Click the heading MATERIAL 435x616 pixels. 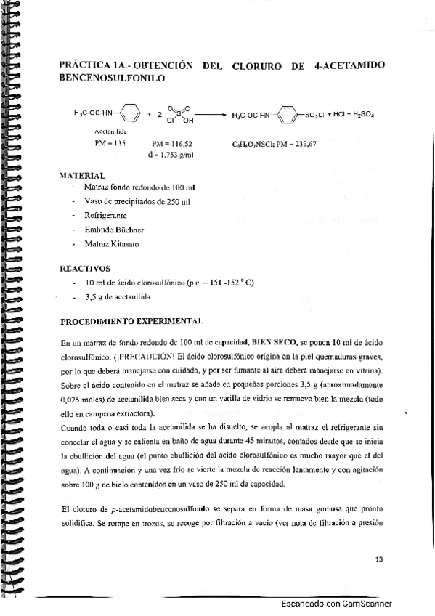(82, 175)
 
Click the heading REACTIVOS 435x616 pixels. (84, 268)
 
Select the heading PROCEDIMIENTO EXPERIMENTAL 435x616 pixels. (131, 320)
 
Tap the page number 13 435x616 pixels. (378, 559)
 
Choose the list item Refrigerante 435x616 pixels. (106, 215)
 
